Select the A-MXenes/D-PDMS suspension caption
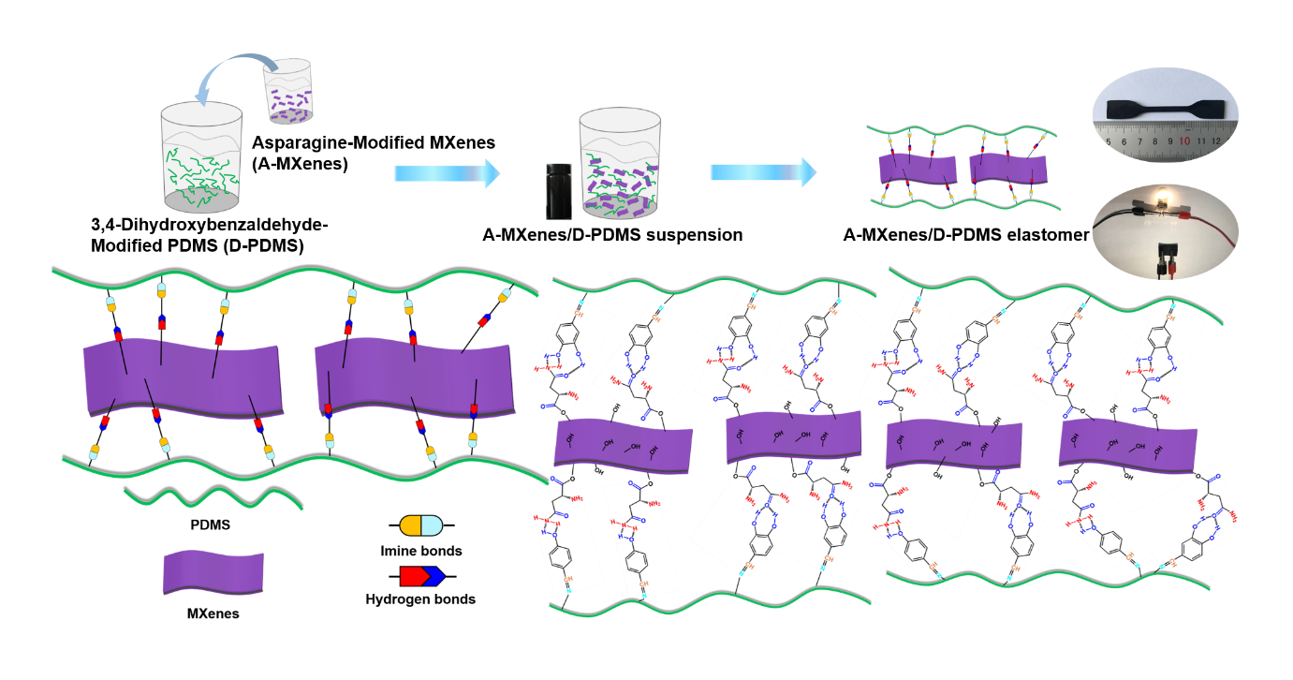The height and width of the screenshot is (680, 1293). tap(612, 235)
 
